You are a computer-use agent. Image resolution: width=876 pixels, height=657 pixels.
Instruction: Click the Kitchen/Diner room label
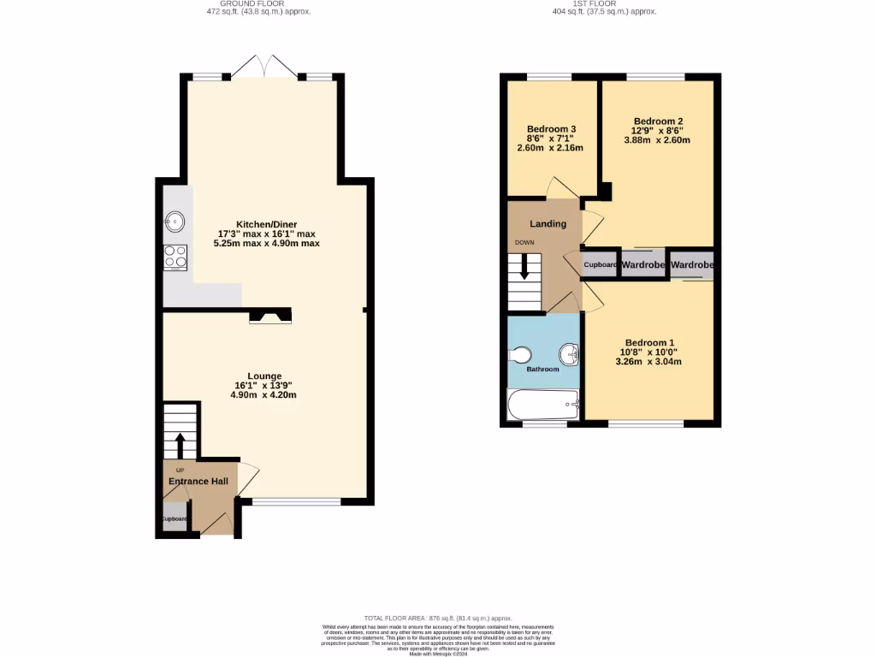[266, 224]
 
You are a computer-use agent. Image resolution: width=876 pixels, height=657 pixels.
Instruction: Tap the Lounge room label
[264, 376]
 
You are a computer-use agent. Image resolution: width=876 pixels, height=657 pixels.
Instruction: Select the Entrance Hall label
[198, 482]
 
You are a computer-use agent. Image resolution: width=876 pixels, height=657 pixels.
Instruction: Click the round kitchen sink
[175, 222]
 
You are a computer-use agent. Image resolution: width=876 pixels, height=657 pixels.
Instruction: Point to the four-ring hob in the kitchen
[175, 256]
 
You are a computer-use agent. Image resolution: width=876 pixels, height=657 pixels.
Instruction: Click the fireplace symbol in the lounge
[269, 317]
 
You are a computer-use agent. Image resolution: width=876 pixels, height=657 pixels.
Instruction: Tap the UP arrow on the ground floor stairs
[180, 445]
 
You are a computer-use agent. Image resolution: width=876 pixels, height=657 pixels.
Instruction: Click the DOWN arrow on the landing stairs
[524, 270]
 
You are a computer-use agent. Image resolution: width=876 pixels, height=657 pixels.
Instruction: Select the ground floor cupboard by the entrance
[174, 518]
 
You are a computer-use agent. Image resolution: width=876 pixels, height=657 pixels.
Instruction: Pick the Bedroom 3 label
[550, 129]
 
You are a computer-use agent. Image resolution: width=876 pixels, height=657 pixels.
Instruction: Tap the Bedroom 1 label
[649, 342]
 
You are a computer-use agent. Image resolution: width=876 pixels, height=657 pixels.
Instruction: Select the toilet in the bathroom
[520, 354]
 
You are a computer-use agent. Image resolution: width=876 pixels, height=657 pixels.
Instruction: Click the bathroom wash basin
[568, 352]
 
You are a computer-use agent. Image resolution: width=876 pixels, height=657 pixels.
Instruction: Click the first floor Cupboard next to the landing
[600, 265]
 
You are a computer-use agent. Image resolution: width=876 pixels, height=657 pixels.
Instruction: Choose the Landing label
[547, 224]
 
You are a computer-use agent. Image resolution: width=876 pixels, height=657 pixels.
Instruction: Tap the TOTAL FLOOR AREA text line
[437, 618]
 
